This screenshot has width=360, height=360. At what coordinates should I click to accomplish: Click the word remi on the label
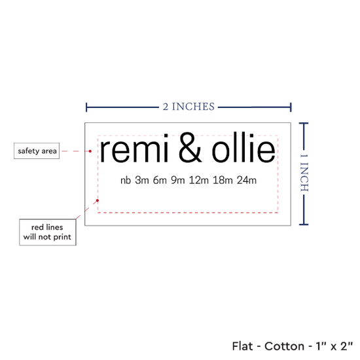pos(134,149)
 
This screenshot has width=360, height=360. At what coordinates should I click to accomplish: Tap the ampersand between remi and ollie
pos(190,147)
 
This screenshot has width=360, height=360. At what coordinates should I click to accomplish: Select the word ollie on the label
pos(243,147)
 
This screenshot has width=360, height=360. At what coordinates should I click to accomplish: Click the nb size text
pos(126,180)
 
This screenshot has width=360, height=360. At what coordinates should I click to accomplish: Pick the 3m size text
pos(142,180)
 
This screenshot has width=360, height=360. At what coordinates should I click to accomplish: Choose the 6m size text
pos(160,180)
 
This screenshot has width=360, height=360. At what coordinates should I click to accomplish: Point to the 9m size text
pos(178,180)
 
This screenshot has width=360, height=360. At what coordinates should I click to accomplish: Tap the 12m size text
pos(198,180)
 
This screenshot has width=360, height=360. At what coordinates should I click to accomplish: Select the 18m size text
pos(223,180)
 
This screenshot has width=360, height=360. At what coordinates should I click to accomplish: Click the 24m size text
pos(247,180)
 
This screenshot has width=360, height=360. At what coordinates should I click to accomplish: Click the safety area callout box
pos(37,151)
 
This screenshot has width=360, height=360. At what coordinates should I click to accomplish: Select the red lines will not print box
pos(48,232)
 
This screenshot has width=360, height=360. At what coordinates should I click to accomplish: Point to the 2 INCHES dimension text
pos(189,107)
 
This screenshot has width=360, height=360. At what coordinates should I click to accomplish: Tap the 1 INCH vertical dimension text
pos(304,173)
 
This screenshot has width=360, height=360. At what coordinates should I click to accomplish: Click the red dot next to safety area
pos(90,151)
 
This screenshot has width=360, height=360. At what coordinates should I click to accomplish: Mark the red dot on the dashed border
pos(98,200)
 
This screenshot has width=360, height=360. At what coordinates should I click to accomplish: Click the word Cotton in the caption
pos(285,346)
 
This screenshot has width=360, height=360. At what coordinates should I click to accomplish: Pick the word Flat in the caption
pos(242,346)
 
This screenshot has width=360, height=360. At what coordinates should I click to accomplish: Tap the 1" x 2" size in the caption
pos(334,346)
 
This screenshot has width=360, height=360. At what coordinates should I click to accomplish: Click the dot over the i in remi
pos(166,136)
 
